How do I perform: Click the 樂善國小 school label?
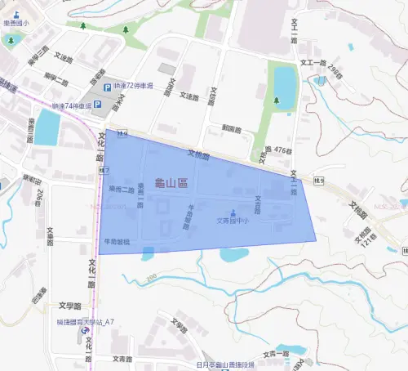[16, 26]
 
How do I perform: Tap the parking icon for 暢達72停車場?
[106, 88]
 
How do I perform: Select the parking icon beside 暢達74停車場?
[98, 105]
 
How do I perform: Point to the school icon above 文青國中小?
[235, 212]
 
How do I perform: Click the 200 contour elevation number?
[151, 279]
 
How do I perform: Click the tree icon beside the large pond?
[277, 101]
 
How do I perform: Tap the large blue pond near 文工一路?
[285, 83]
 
